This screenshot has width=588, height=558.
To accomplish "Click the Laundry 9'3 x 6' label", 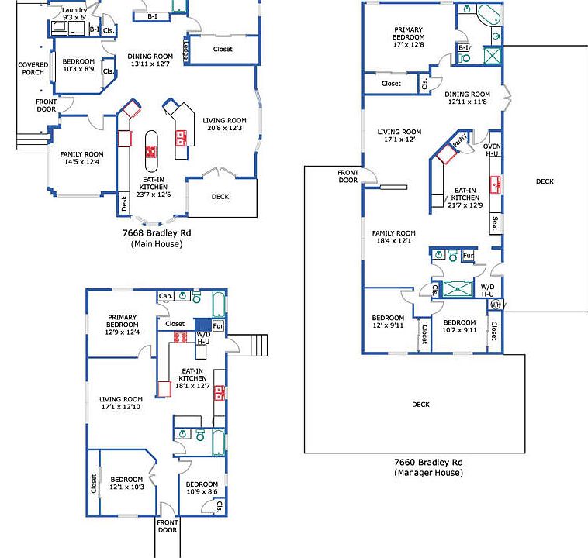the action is (x=74, y=13).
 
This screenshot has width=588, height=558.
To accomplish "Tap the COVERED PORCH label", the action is (x=33, y=68).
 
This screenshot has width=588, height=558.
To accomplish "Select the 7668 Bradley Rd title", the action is (x=157, y=232).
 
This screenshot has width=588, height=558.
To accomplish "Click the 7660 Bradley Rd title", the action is (x=428, y=462).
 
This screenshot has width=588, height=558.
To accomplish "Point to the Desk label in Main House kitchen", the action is (x=124, y=204).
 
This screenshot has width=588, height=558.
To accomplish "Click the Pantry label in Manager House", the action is (x=460, y=139).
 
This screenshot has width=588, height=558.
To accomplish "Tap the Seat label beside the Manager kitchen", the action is (x=495, y=223).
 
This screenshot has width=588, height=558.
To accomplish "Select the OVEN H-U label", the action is (x=492, y=150).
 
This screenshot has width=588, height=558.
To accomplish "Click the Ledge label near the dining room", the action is (x=186, y=50).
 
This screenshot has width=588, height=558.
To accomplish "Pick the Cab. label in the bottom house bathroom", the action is (x=166, y=296).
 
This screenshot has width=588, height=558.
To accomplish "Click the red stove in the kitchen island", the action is (x=151, y=152).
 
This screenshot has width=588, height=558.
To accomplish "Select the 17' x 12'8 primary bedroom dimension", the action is (x=408, y=45).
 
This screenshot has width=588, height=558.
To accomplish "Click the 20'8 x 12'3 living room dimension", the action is (x=225, y=128).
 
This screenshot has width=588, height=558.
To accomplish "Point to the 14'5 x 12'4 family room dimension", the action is (x=81, y=161).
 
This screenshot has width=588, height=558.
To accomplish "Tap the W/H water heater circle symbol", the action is (x=496, y=305).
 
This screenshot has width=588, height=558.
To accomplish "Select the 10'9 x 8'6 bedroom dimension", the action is (x=202, y=491).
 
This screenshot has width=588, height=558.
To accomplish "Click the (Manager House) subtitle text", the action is (x=428, y=473).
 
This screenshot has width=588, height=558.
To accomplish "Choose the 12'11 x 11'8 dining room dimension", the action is (x=467, y=102).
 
